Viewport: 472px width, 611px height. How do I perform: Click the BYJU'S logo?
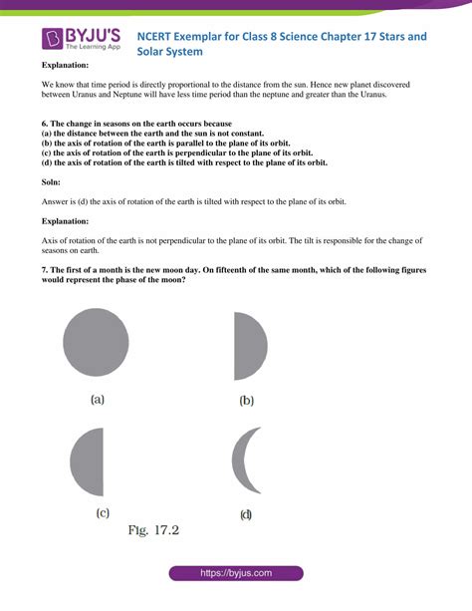(x=81, y=39)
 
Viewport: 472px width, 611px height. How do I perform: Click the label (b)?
(x=247, y=401)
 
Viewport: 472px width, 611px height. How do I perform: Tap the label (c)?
(x=102, y=512)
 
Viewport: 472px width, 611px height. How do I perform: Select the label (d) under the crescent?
(x=246, y=514)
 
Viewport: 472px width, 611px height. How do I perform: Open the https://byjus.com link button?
(x=235, y=574)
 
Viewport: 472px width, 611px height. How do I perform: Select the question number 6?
(x=44, y=123)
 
